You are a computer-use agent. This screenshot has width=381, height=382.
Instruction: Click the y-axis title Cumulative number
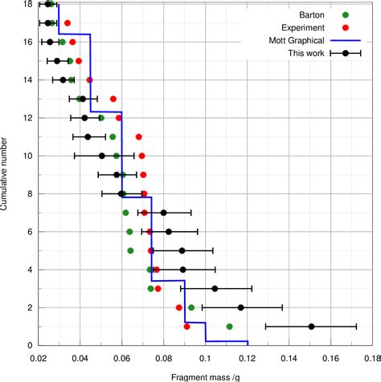tap(6, 173)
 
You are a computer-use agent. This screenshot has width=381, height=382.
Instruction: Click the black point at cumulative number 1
tap(312, 327)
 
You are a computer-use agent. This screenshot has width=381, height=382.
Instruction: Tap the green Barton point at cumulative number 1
tap(229, 327)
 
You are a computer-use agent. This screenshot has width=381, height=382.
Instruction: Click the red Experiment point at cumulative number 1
tap(187, 327)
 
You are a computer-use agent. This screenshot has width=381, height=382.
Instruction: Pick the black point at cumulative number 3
tap(215, 288)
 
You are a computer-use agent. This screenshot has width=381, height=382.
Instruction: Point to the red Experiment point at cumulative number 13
tap(113, 99)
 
